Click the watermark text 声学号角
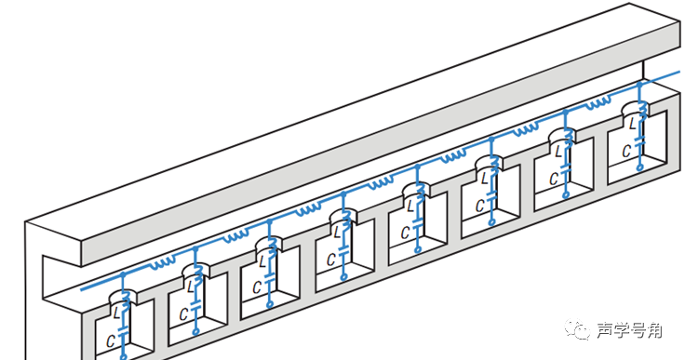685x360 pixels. click(629, 330)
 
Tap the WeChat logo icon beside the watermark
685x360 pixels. click(578, 329)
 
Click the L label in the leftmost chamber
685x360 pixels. click(116, 313)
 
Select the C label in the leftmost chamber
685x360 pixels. click(111, 341)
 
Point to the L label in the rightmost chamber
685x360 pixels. click(633, 124)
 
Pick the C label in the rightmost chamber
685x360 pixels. click(626, 152)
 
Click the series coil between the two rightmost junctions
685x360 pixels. click(598, 103)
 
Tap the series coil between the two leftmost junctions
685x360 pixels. click(163, 263)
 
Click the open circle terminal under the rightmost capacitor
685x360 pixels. click(639, 167)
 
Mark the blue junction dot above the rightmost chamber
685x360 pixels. click(639, 85)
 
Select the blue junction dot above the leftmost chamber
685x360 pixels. click(123, 274)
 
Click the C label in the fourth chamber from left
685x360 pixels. click(331, 260)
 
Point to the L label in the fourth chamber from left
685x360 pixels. click(337, 233)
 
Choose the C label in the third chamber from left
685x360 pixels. click(257, 287)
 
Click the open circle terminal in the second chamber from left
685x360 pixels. click(195, 331)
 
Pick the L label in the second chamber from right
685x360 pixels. click(558, 152)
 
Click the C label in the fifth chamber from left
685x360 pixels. click(406, 233)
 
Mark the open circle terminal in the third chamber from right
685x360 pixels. click(492, 222)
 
